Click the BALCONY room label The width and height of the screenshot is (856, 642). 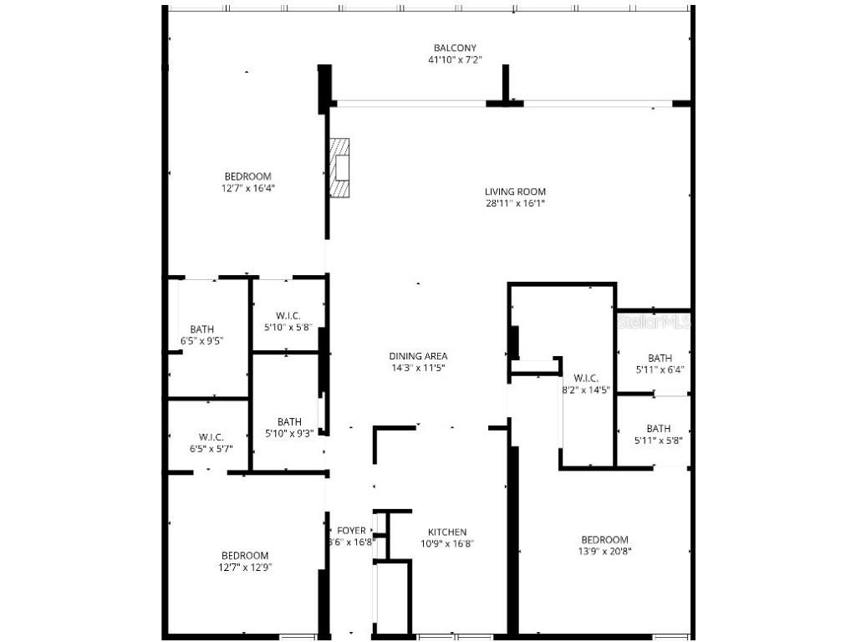455,48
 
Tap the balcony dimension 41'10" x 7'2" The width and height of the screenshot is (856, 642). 455,59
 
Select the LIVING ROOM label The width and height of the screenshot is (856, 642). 515,191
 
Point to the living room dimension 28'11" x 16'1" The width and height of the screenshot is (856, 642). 515,203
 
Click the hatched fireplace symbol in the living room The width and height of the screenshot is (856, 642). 339,167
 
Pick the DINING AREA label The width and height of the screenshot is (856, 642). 418,356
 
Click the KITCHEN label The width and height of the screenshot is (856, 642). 447,532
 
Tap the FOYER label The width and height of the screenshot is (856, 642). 351,531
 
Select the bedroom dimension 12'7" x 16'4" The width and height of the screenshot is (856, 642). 248,188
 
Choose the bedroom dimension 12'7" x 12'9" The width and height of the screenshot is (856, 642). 245,568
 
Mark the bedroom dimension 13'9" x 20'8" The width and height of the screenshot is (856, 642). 604,552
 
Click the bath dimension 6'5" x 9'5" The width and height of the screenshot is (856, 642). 201,341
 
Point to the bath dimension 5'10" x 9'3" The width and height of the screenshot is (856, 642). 289,433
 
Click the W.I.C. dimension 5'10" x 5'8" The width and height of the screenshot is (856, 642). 288,327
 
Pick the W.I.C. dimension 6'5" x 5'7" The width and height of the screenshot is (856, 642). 211,449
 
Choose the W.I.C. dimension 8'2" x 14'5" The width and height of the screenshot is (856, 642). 586,389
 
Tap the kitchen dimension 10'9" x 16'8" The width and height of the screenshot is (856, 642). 447,543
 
